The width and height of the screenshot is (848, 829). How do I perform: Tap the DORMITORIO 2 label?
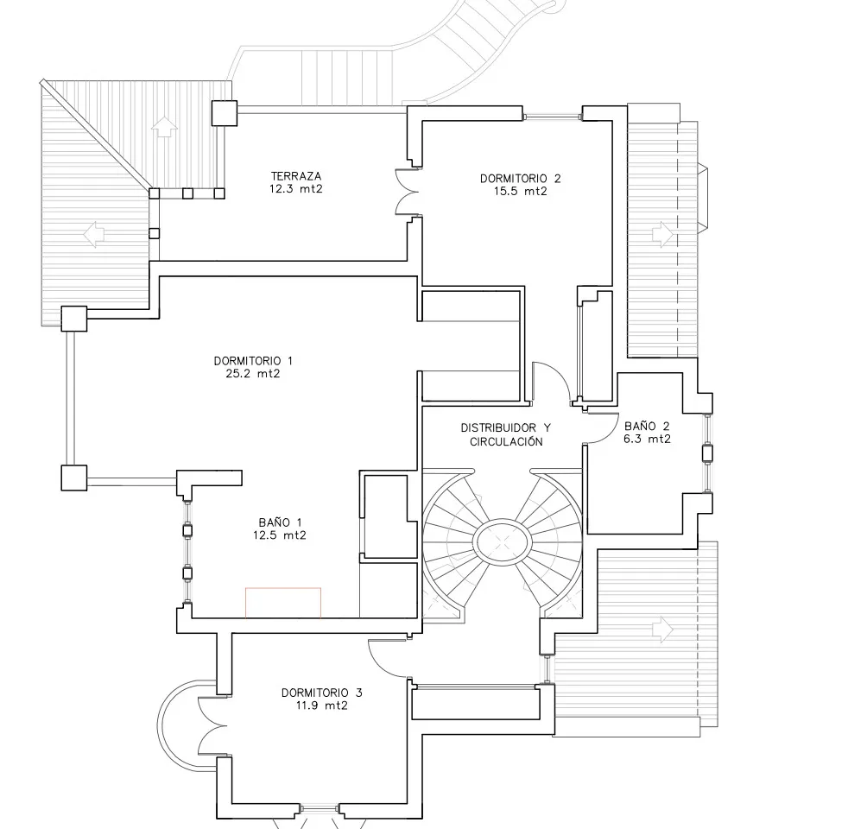coord(520,179)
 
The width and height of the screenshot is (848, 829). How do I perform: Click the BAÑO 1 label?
coord(281,522)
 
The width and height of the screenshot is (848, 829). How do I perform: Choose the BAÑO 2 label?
coord(647,426)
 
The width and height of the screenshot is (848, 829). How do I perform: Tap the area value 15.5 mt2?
coord(520,192)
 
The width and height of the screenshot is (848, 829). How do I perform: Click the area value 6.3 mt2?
coord(647,439)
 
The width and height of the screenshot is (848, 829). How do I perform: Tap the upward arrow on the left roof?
coord(161,127)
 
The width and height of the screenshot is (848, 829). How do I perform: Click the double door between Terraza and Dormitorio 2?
coord(408,191)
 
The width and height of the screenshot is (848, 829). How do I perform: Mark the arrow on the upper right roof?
coord(662,232)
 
